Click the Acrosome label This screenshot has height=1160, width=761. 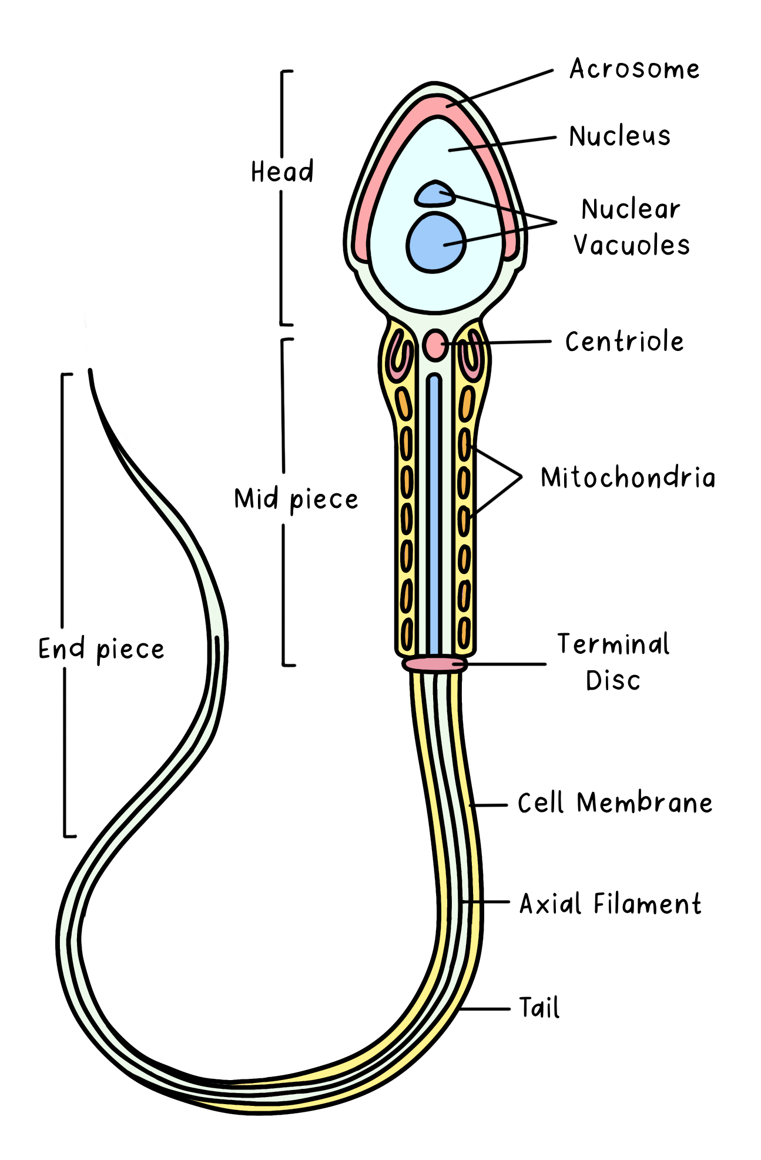coord(635,69)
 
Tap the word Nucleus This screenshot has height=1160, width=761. coord(619,136)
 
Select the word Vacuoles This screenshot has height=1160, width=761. coord(632,245)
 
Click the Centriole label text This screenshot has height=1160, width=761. coord(624,342)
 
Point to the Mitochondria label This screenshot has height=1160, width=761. coord(628,477)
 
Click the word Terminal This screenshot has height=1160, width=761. coord(613,644)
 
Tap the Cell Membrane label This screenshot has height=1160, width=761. coord(615,803)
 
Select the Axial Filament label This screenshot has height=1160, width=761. coord(610,904)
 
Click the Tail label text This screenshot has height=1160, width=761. coord(539,1008)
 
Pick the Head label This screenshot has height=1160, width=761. coord(282,172)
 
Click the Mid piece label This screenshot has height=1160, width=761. coord(296,500)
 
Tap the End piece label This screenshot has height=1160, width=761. coord(101,649)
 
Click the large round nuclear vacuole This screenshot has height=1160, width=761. coord(435,242)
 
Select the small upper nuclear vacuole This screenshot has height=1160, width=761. coord(434,195)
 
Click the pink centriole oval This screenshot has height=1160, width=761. coord(435,345)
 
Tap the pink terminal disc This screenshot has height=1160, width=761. coord(435,664)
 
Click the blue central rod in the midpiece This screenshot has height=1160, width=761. coord(434,512)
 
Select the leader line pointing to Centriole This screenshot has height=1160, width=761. coord(499,342)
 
